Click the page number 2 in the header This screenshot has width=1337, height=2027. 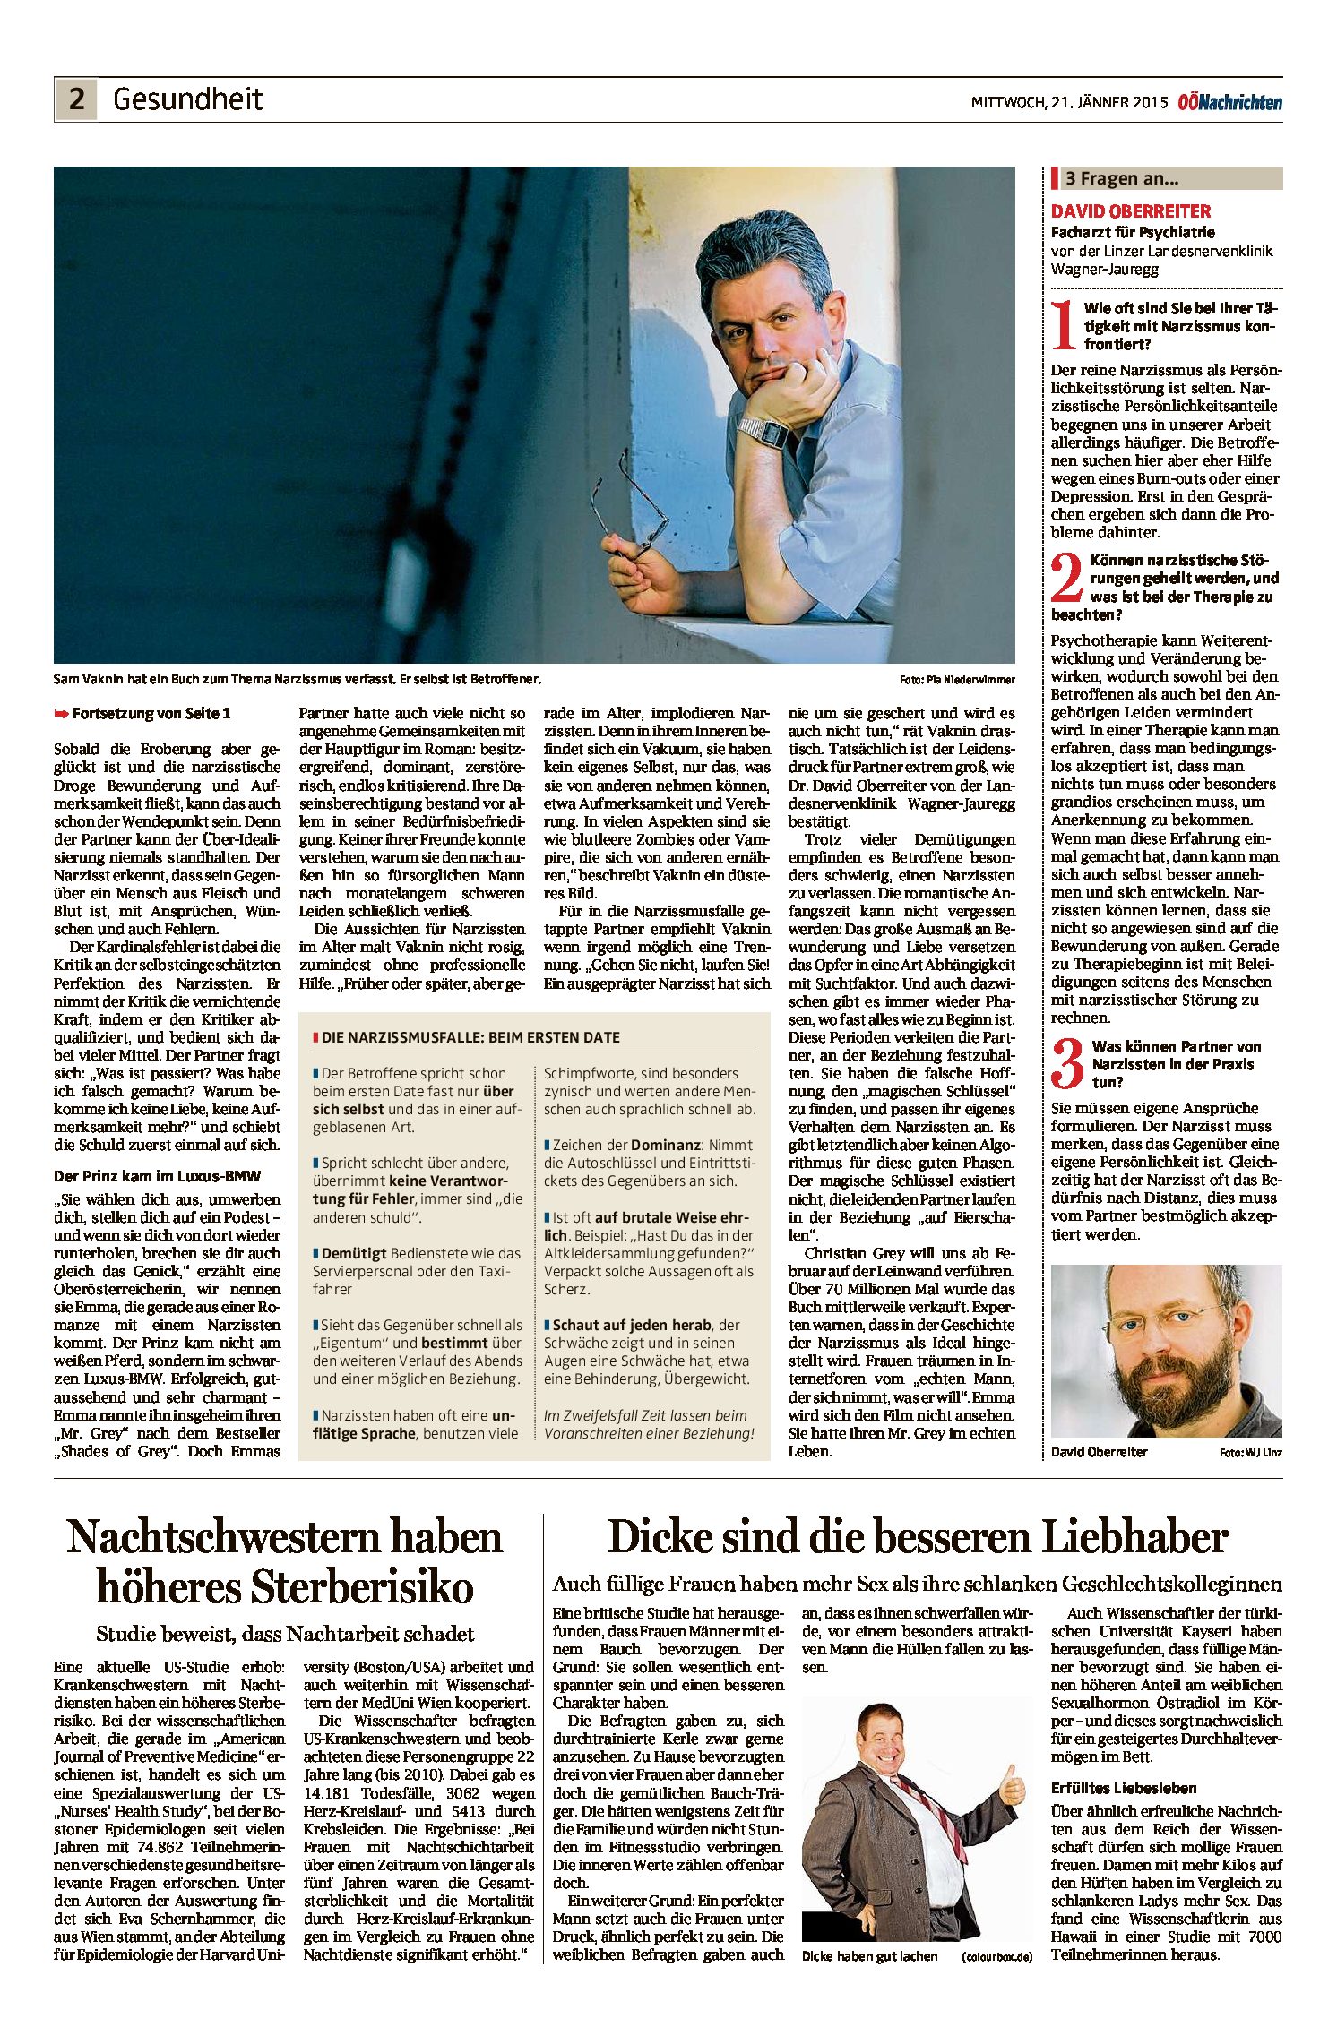[76, 99]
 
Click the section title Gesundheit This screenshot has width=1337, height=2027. [187, 99]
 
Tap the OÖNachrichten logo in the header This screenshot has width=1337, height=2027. [1229, 102]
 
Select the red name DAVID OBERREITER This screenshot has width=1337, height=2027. [1131, 211]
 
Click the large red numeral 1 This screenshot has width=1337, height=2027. [1064, 326]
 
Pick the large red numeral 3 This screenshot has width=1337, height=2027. [1067, 1064]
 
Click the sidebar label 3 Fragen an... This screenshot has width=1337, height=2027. [1121, 178]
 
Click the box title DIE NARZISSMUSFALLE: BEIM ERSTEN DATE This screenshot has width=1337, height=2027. [470, 1037]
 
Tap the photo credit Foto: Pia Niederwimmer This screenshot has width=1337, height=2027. [957, 680]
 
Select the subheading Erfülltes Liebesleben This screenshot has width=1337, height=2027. [1124, 1788]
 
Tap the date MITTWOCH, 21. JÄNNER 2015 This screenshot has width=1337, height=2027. [1069, 102]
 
